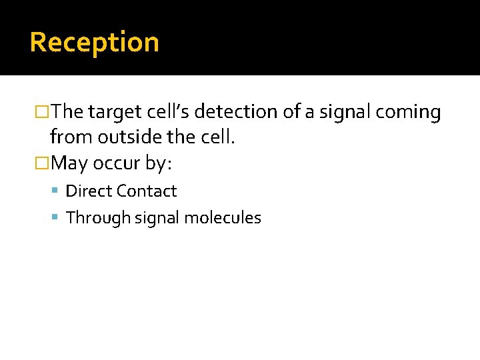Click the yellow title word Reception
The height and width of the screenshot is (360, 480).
(x=94, y=43)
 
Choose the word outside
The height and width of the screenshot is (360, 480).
(x=125, y=137)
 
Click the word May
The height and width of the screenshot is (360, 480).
(x=69, y=163)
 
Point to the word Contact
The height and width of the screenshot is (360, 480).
(x=146, y=191)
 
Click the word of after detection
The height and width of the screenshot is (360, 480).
(x=292, y=112)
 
